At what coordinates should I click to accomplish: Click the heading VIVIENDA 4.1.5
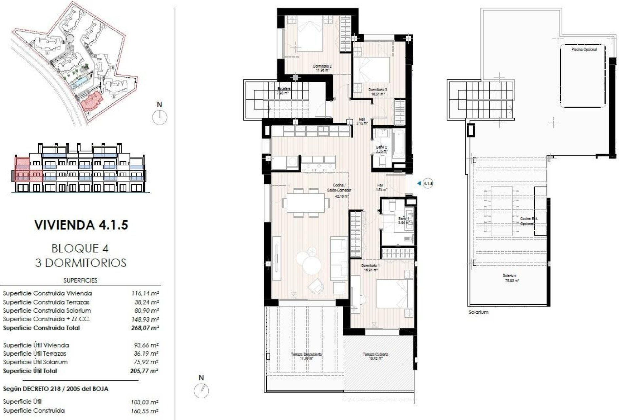click(81, 225)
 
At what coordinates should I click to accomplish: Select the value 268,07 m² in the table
click(144, 328)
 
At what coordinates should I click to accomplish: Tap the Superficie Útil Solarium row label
click(35, 362)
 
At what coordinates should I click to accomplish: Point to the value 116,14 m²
click(145, 293)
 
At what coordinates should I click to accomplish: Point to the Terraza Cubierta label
click(375, 356)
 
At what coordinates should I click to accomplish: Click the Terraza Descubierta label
click(306, 356)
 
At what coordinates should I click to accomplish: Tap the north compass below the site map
click(160, 117)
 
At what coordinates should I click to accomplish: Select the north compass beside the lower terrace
click(201, 390)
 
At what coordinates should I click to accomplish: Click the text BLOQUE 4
click(80, 248)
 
